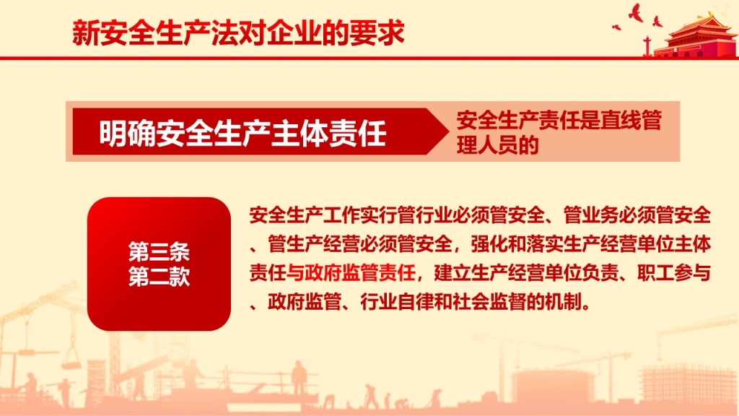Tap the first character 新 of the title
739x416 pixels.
pos(85,33)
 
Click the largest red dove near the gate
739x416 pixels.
pos(636,13)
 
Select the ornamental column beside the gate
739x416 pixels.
pos(647,46)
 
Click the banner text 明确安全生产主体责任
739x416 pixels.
pos(242,133)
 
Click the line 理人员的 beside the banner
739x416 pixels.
pos(497,144)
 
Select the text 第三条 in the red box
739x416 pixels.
pos(159,252)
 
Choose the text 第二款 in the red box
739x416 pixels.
pos(159,277)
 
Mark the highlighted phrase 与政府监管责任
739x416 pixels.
pos(351,272)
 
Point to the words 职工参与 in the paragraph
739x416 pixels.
pos(674,272)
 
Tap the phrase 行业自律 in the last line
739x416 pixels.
pos(398,301)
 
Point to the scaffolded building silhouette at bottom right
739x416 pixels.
pos(688,384)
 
